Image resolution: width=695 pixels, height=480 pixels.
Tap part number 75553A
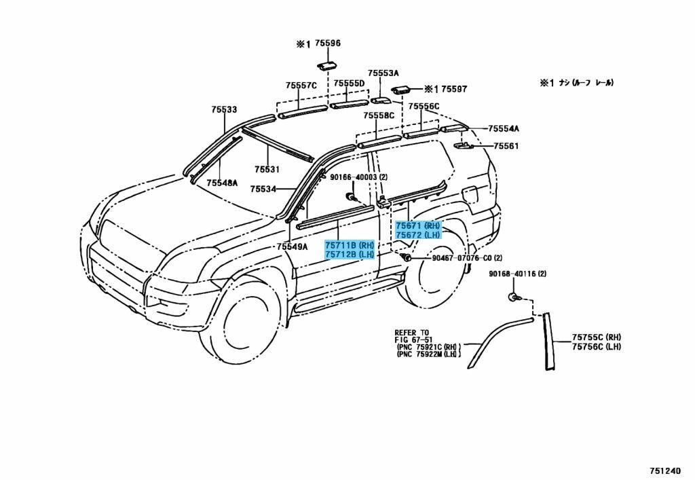pyautogui.click(x=383, y=73)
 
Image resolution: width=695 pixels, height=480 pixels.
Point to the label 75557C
pyautogui.click(x=301, y=86)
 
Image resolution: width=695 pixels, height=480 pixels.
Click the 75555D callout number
pyautogui.click(x=349, y=84)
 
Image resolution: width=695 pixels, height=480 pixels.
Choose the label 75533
pyautogui.click(x=223, y=109)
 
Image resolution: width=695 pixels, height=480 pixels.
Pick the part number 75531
pyautogui.click(x=267, y=170)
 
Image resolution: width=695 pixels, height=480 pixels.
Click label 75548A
pyautogui.click(x=222, y=183)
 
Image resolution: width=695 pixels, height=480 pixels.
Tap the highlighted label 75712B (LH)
pyautogui.click(x=350, y=255)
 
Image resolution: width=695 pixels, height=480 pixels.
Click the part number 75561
pyautogui.click(x=506, y=146)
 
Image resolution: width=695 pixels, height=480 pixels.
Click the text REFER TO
pyautogui.click(x=412, y=333)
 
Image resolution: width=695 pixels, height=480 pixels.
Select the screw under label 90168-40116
pyautogui.click(x=513, y=297)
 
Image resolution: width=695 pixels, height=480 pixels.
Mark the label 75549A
pyautogui.click(x=292, y=246)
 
